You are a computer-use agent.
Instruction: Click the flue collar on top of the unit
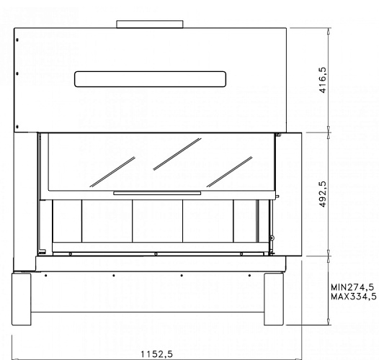click(x=150, y=24)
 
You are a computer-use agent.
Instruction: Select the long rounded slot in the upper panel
click(x=150, y=78)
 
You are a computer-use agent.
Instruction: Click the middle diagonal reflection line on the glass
click(x=176, y=153)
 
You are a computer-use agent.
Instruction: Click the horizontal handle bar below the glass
click(x=156, y=193)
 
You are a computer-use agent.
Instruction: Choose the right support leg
click(x=277, y=299)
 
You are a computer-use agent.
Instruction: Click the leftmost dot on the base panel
click(x=45, y=274)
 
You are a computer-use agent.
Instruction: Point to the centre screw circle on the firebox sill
click(x=155, y=253)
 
